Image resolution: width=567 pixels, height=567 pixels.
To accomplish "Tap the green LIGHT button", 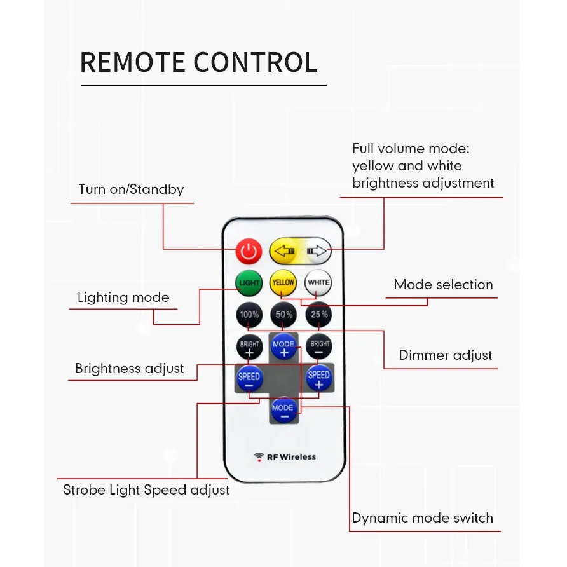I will click(x=249, y=282).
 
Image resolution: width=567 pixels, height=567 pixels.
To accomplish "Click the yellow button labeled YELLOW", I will click(x=283, y=282).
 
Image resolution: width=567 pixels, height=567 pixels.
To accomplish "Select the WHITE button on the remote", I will click(x=318, y=282).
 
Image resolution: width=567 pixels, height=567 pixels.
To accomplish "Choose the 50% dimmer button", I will click(x=283, y=314).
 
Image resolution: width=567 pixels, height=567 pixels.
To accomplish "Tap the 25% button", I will click(x=318, y=314).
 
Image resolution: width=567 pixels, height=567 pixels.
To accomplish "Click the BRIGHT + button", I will click(x=249, y=347).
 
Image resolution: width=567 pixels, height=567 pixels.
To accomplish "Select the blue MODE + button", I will click(x=283, y=347).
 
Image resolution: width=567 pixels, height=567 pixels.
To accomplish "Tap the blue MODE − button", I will click(x=283, y=410).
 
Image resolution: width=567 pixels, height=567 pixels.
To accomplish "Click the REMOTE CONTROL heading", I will click(x=199, y=62).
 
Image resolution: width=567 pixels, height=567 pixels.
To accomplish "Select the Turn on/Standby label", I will click(x=131, y=189).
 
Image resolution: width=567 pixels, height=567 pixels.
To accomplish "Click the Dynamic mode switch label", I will click(x=422, y=518).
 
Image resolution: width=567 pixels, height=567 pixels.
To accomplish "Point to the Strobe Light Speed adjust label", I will click(x=146, y=490).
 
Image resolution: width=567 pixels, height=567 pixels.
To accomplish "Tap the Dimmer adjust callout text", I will click(x=445, y=355).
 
